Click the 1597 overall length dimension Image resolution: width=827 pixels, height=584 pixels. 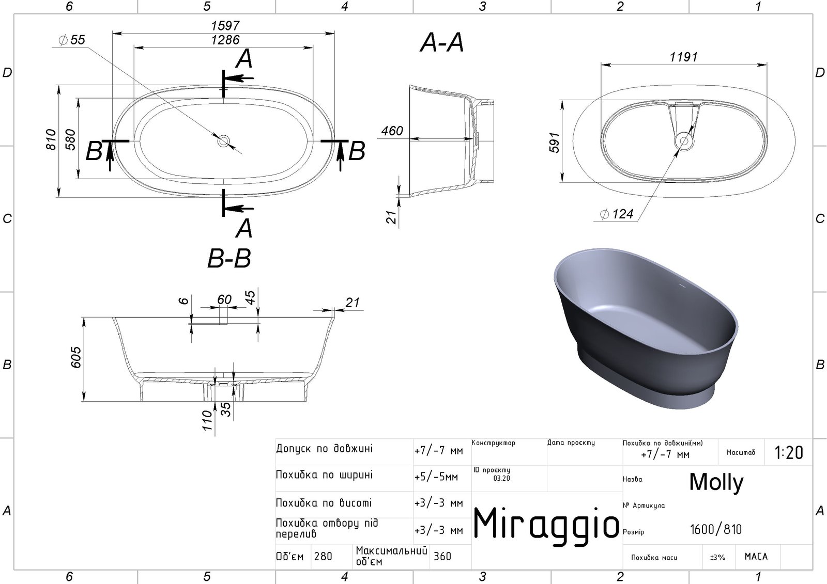225,25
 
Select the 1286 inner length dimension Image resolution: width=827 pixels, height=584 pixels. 225,39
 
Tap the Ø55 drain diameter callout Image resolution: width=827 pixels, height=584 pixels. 72,40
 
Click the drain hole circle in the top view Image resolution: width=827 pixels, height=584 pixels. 223,140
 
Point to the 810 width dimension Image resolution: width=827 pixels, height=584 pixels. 51,139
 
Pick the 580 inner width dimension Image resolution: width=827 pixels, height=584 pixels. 70,139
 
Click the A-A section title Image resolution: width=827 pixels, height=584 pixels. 441,42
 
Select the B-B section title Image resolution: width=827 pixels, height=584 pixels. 229,258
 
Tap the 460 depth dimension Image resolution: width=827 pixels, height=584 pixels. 392,131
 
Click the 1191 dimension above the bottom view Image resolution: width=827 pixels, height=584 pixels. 683,57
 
